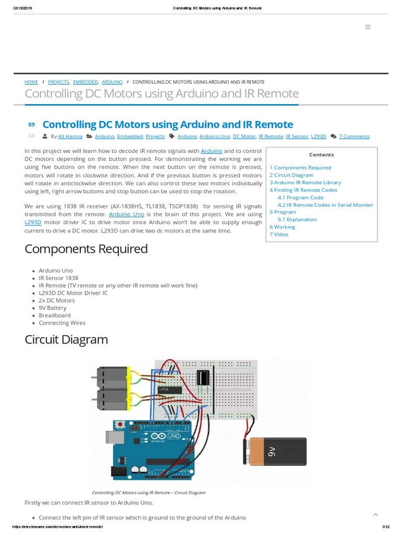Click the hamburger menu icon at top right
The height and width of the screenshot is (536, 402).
(367, 27)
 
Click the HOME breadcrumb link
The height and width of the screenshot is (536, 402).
(31, 82)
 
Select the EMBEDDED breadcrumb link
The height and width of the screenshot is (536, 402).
(85, 82)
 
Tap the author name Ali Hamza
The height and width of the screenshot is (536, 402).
(70, 136)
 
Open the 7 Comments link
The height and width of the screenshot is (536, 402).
(354, 136)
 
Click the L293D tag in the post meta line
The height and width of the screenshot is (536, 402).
(318, 136)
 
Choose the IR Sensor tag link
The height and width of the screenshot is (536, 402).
(297, 136)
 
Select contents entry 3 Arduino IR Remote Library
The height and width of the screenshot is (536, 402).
(305, 182)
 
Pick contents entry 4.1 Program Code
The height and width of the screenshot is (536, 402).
(300, 197)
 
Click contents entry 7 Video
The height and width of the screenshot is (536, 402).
(278, 234)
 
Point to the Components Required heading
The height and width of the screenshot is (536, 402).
(86, 249)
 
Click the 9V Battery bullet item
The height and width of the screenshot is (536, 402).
(52, 308)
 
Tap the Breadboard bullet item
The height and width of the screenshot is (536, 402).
(54, 315)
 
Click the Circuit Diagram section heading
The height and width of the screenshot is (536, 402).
(66, 339)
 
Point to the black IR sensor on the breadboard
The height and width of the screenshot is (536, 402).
(202, 378)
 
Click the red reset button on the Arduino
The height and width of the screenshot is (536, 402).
(121, 424)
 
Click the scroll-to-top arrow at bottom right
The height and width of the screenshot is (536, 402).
(375, 515)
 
